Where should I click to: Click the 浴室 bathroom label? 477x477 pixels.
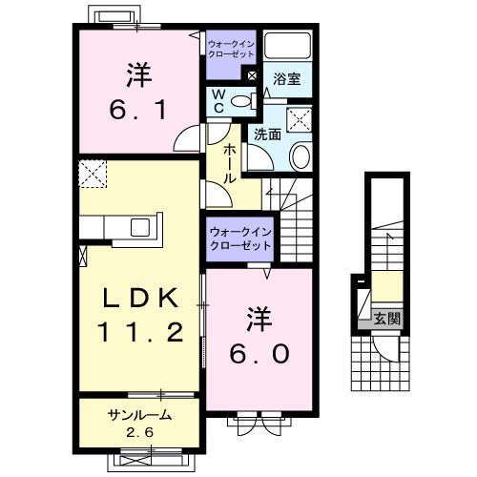[288, 80]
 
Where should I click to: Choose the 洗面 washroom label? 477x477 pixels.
[267, 135]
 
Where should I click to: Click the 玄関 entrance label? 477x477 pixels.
[386, 319]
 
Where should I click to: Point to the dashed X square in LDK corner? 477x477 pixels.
[93, 175]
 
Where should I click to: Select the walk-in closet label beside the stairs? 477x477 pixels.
[239, 238]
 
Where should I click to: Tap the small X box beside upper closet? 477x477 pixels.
[252, 75]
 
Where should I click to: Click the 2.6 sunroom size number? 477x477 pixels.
[138, 431]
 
